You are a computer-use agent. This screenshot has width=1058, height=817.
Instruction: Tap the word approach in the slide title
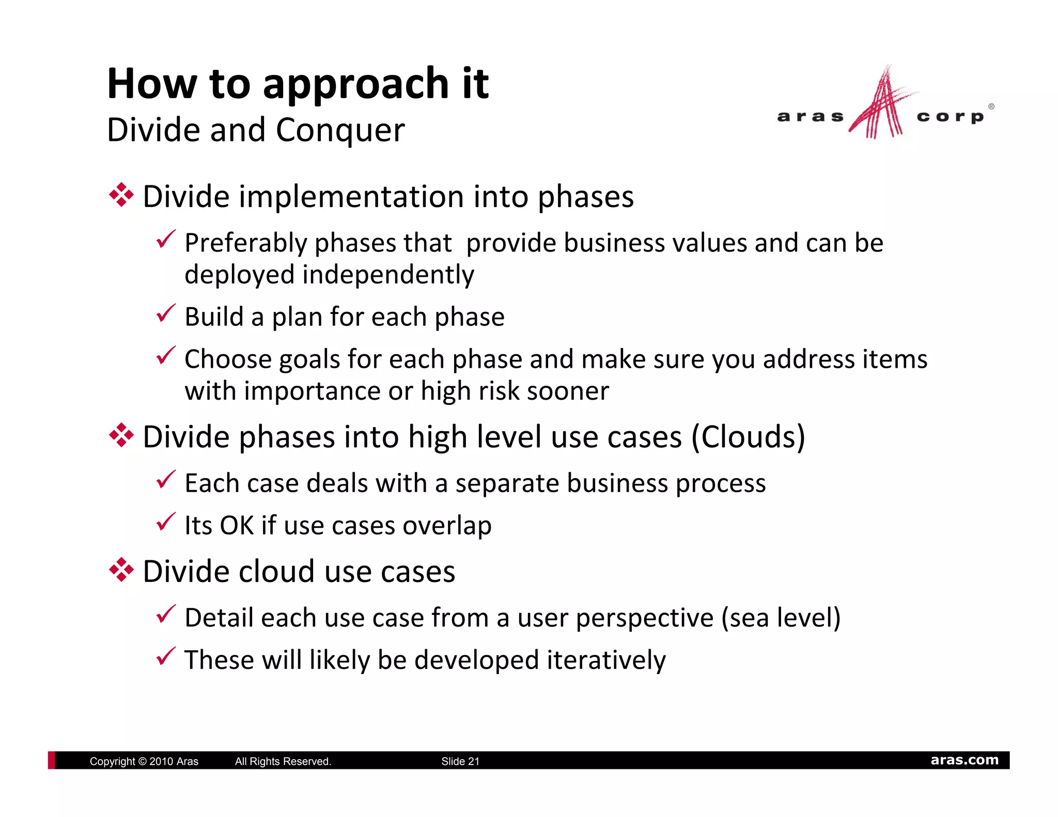pyautogui.click(x=356, y=84)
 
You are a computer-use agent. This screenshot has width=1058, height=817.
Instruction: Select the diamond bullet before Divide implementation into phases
pyautogui.click(x=121, y=196)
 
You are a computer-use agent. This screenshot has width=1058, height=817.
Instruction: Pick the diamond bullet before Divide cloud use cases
pyautogui.click(x=121, y=570)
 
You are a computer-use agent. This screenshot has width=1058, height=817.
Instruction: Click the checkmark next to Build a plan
pyautogui.click(x=166, y=313)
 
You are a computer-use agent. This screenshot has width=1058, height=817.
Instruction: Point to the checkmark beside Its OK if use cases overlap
pyautogui.click(x=166, y=522)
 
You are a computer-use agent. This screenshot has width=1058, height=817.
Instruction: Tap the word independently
pyautogui.click(x=388, y=275)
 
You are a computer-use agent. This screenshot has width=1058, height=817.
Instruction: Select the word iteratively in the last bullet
pyautogui.click(x=606, y=660)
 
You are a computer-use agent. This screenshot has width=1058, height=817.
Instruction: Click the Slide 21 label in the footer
pyautogui.click(x=460, y=761)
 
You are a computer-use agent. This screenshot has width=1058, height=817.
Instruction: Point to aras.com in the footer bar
pyautogui.click(x=964, y=760)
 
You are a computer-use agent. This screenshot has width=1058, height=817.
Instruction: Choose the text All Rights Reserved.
pyautogui.click(x=283, y=761)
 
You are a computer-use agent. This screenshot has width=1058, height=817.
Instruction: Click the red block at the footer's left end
pyautogui.click(x=51, y=760)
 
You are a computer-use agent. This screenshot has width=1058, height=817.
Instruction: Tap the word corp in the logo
pyautogui.click(x=951, y=117)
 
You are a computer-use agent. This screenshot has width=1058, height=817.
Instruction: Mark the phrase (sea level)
pyautogui.click(x=781, y=618)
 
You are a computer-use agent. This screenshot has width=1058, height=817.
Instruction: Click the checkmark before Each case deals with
pyautogui.click(x=166, y=480)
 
